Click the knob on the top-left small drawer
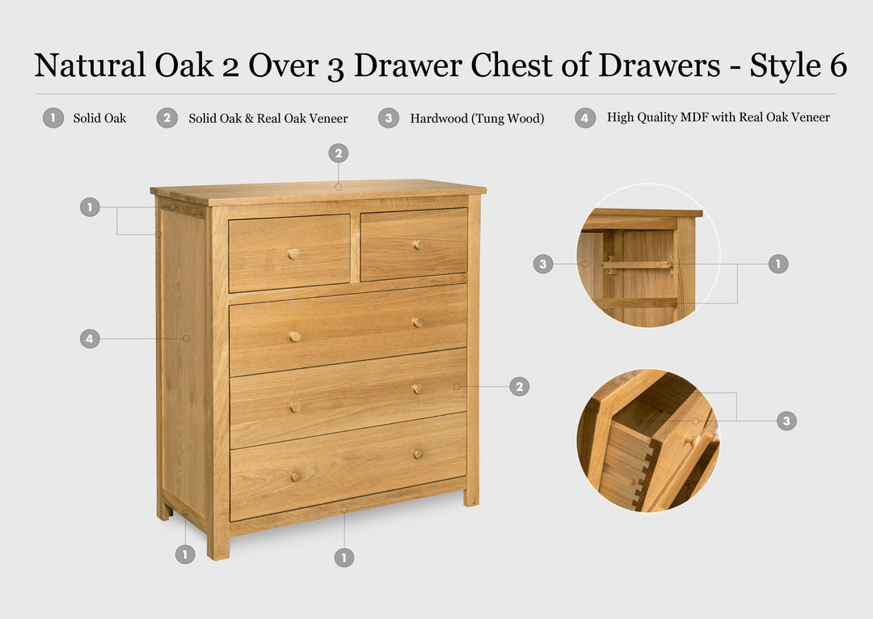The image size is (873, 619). click(x=293, y=253)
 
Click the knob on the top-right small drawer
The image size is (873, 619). click(x=419, y=244)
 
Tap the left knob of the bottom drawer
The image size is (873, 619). click(x=295, y=477)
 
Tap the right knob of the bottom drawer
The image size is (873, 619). click(x=418, y=454)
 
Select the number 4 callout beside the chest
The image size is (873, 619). click(x=90, y=338)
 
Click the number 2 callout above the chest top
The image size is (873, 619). click(x=338, y=153)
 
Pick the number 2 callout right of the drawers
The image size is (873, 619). click(x=519, y=387)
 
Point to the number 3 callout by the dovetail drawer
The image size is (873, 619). click(x=787, y=421)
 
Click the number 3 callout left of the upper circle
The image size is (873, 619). click(x=543, y=264)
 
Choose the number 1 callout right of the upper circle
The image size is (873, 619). click(x=778, y=264)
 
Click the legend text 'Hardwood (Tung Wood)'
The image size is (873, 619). click(x=477, y=118)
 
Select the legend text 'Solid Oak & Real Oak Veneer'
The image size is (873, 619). click(x=268, y=118)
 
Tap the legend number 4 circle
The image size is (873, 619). click(x=585, y=118)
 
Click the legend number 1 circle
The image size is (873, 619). click(x=53, y=118)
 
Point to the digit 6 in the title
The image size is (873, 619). click(x=837, y=66)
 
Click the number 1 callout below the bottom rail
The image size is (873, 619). click(x=344, y=557)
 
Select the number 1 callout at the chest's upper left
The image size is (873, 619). click(x=90, y=207)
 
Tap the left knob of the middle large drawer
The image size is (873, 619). click(x=295, y=336)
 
